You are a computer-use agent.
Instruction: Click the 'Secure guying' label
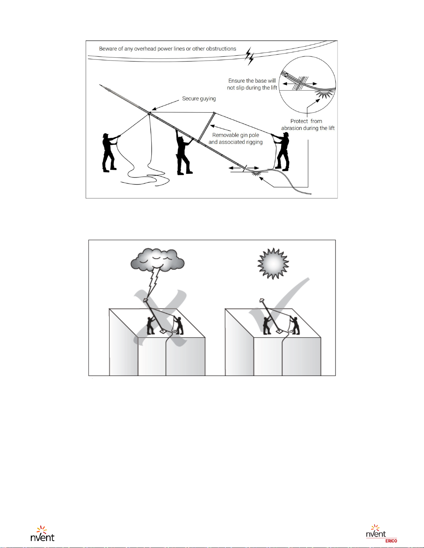click(199, 99)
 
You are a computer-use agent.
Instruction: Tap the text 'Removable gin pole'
click(235, 135)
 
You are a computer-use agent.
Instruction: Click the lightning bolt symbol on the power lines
click(249, 56)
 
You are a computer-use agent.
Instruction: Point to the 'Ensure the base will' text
click(252, 81)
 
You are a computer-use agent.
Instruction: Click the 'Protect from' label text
click(306, 121)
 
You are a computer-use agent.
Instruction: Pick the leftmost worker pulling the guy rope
click(110, 152)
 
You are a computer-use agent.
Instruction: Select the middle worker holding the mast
click(184, 152)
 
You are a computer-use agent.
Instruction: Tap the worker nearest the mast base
click(281, 151)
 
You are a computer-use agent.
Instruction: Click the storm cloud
click(157, 260)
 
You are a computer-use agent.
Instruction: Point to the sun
click(273, 263)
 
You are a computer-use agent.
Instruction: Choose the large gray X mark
click(161, 318)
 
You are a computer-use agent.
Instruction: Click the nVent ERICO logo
click(381, 534)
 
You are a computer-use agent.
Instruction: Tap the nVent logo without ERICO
click(42, 533)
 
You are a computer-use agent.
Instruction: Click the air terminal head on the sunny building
click(261, 300)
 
